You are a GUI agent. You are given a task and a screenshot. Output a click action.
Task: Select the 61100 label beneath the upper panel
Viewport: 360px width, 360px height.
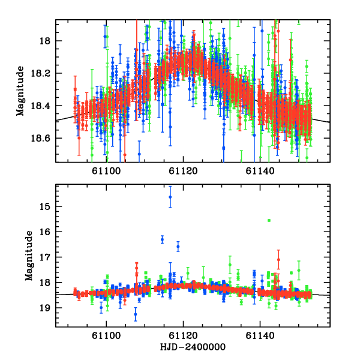tap(106, 171)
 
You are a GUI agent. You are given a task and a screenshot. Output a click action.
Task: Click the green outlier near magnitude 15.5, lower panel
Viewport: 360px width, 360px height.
tap(269, 221)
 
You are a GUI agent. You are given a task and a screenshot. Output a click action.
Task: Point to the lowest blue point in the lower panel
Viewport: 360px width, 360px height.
tap(136, 314)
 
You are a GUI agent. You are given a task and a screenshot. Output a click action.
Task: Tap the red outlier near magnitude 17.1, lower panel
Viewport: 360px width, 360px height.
tap(278, 259)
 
